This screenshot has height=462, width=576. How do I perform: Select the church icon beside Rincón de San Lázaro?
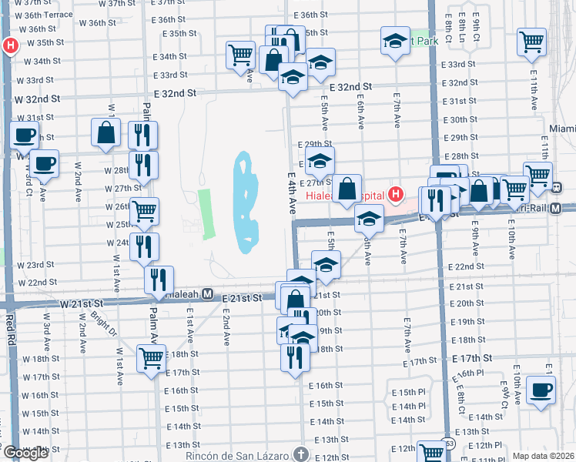(300, 454)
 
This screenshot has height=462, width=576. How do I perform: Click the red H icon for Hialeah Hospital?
(396, 193)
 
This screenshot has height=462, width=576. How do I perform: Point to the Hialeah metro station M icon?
(206, 294)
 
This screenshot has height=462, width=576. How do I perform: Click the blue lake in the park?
(246, 204)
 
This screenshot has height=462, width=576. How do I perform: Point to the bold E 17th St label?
(472, 359)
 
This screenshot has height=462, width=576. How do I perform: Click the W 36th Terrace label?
(49, 15)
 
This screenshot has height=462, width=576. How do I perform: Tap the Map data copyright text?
(544, 456)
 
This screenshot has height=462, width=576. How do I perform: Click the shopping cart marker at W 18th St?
(151, 357)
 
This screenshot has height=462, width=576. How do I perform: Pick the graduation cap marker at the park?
(395, 40)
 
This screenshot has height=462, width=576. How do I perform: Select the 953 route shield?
(449, 444)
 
